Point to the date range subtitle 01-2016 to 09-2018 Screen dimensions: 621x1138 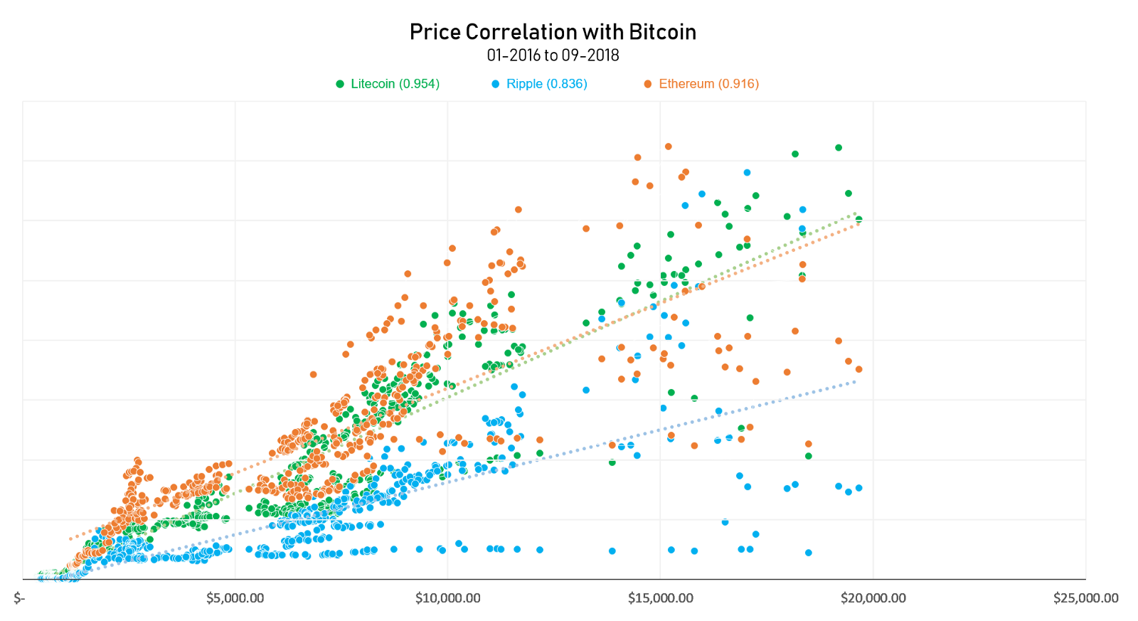553,55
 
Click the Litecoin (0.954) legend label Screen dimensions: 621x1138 395,84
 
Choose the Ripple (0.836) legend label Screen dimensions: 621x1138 546,84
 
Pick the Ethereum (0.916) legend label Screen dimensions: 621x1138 708,84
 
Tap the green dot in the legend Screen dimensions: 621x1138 340,84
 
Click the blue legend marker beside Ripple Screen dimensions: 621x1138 496,84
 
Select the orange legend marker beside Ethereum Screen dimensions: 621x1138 648,84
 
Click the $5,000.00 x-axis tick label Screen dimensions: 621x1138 235,598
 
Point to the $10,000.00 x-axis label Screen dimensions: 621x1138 447,598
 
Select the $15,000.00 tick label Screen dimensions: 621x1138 660,598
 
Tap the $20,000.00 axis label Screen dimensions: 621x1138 873,598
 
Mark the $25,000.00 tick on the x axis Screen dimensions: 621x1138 1085,598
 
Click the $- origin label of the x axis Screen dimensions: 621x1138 19,598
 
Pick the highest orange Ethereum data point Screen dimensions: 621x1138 669,147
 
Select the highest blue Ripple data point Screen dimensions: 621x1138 747,173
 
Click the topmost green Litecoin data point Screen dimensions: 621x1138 839,148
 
